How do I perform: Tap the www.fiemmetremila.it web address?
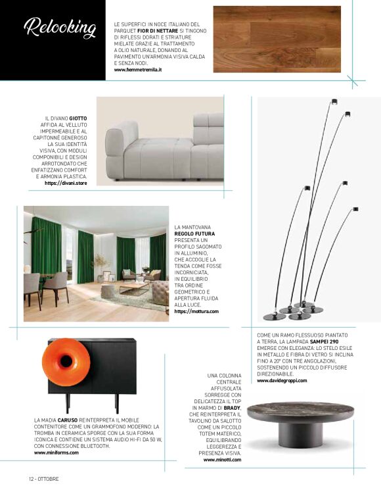[138, 69]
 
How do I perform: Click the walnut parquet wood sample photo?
[277, 39]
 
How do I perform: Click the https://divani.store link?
[66, 183]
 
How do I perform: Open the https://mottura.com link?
[196, 311]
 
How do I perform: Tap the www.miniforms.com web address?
[56, 453]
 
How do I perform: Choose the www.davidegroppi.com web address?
[282, 381]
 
